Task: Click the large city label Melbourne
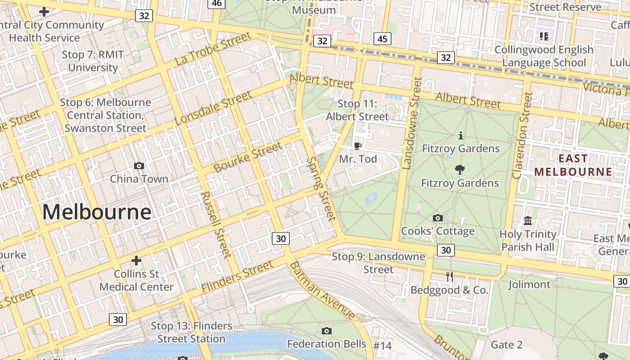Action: tap(97, 212)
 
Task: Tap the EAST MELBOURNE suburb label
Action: tap(573, 165)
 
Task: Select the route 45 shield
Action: tap(382, 39)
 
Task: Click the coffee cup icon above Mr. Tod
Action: tap(358, 145)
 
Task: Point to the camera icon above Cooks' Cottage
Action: tap(437, 218)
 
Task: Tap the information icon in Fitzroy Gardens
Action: tap(460, 135)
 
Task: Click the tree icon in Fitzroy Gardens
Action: tap(459, 170)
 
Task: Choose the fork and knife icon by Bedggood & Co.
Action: tap(450, 277)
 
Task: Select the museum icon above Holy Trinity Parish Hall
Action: tap(528, 221)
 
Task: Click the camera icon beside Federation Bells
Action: tap(327, 331)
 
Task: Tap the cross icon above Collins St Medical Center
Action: tap(136, 261)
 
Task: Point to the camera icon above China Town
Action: tap(139, 166)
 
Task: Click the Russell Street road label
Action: tap(216, 224)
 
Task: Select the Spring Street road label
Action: tap(321, 189)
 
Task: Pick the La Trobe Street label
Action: tap(212, 49)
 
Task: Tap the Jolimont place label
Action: tap(529, 284)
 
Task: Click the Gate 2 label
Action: tap(507, 345)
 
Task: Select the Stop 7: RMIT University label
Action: tap(93, 61)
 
